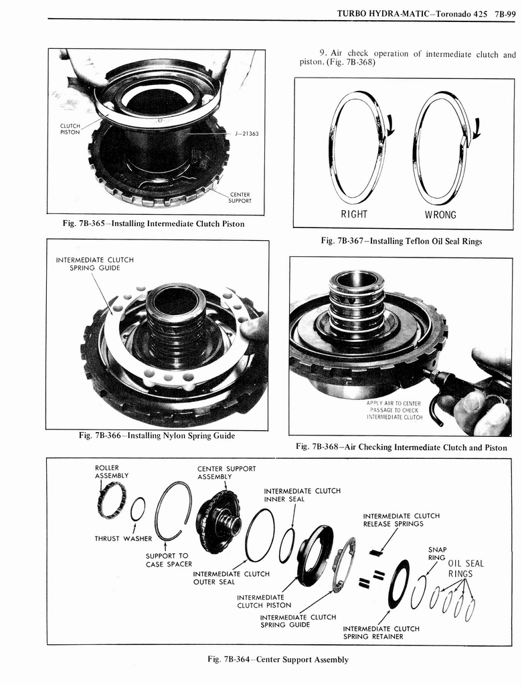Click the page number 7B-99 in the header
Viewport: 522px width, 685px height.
[x=501, y=13]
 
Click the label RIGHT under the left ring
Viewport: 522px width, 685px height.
[x=354, y=215]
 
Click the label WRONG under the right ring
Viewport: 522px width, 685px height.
[x=440, y=215]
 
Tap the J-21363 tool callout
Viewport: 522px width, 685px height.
[x=247, y=133]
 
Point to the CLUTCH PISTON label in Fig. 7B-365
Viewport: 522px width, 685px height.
[x=70, y=129]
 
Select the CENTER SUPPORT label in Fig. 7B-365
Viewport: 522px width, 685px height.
[x=240, y=198]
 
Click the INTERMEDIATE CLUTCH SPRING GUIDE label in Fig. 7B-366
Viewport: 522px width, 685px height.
[x=94, y=264]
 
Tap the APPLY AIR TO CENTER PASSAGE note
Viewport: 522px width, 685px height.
[x=394, y=410]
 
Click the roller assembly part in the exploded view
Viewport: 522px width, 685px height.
[x=111, y=500]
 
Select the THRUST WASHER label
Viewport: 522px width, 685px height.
[x=123, y=539]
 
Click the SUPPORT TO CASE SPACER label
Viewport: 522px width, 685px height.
[x=169, y=560]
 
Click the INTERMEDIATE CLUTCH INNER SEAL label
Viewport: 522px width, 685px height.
[x=302, y=494]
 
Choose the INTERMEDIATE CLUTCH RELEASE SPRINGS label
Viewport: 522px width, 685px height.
[x=401, y=520]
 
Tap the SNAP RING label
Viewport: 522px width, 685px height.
[x=437, y=554]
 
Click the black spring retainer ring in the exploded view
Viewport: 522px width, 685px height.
[x=399, y=583]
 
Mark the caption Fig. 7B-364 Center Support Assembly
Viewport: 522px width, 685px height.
[x=278, y=660]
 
